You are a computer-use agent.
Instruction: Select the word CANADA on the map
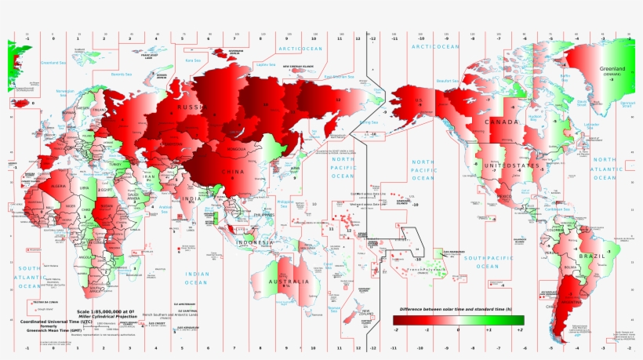click(501, 123)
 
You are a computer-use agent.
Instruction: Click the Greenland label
click(612, 69)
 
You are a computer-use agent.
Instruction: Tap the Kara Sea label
click(193, 60)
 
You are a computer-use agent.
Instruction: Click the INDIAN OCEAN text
click(196, 277)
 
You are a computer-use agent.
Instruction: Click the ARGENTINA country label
click(570, 302)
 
